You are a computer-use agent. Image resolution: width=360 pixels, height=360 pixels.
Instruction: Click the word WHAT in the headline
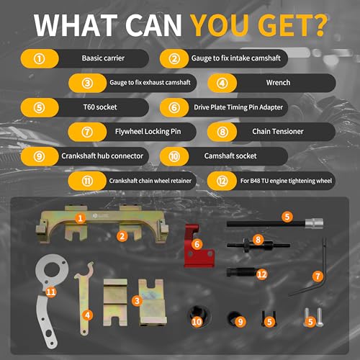pyautogui.click(x=76, y=25)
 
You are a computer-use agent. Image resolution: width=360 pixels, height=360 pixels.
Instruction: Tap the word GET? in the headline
pyautogui.click(x=293, y=25)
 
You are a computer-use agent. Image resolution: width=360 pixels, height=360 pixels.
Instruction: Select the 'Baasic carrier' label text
pyautogui.click(x=103, y=58)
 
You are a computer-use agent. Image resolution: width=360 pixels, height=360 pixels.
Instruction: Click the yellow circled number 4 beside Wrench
pyautogui.click(x=222, y=83)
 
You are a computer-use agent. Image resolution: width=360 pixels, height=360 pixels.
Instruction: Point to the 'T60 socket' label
pyautogui.click(x=100, y=107)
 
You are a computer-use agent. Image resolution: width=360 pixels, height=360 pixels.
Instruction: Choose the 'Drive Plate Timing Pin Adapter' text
pyautogui.click(x=238, y=107)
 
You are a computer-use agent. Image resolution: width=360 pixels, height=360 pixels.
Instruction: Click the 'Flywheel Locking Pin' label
pyautogui.click(x=148, y=132)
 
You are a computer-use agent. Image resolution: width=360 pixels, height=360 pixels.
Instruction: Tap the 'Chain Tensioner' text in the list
pyautogui.click(x=278, y=132)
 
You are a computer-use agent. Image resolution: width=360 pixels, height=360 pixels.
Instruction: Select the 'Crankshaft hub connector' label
pyautogui.click(x=102, y=156)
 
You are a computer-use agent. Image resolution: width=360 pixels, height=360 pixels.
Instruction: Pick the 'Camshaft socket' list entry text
pyautogui.click(x=230, y=156)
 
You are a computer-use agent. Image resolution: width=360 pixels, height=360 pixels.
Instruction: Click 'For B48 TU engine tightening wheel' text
pyautogui.click(x=286, y=181)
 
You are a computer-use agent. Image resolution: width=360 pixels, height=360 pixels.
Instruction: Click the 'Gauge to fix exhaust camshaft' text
pyautogui.click(x=150, y=83)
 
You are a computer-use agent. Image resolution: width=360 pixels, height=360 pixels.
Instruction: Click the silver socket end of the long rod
pyautogui.click(x=314, y=223)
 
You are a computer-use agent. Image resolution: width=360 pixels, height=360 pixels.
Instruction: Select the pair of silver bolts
pyautogui.click(x=313, y=318)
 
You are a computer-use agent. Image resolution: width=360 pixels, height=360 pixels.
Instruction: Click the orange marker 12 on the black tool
pyautogui.click(x=261, y=274)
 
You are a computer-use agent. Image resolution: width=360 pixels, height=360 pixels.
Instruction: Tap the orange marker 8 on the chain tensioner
pyautogui.click(x=258, y=240)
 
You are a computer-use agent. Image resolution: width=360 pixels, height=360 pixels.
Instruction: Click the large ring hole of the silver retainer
pyautogui.click(x=52, y=271)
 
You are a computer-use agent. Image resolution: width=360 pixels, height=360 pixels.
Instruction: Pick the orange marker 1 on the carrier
pyautogui.click(x=80, y=218)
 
